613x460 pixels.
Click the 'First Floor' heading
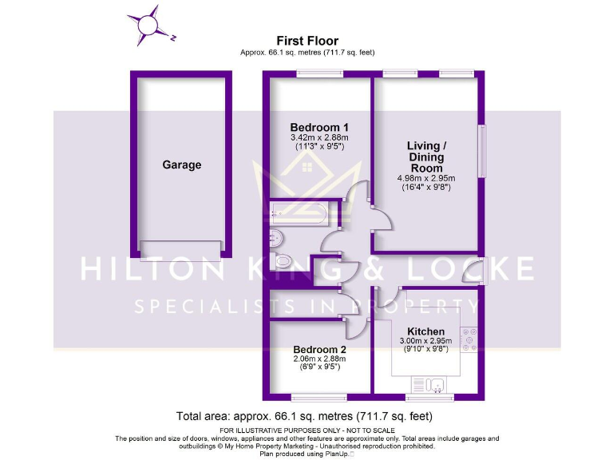coord(307,41)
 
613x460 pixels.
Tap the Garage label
coord(182,165)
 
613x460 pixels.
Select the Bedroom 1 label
coord(319,128)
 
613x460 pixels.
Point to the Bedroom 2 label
coord(319,350)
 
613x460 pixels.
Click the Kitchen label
coord(425,331)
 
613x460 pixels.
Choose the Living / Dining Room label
coord(424,157)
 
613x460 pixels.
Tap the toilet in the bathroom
coord(283,261)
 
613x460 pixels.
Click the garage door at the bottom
coord(181,248)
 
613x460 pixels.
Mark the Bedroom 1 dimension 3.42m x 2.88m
coord(319,138)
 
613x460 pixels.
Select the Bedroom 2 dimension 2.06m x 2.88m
coord(319,359)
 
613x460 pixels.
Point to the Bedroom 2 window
coord(318,397)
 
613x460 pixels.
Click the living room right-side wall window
coord(481,150)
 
